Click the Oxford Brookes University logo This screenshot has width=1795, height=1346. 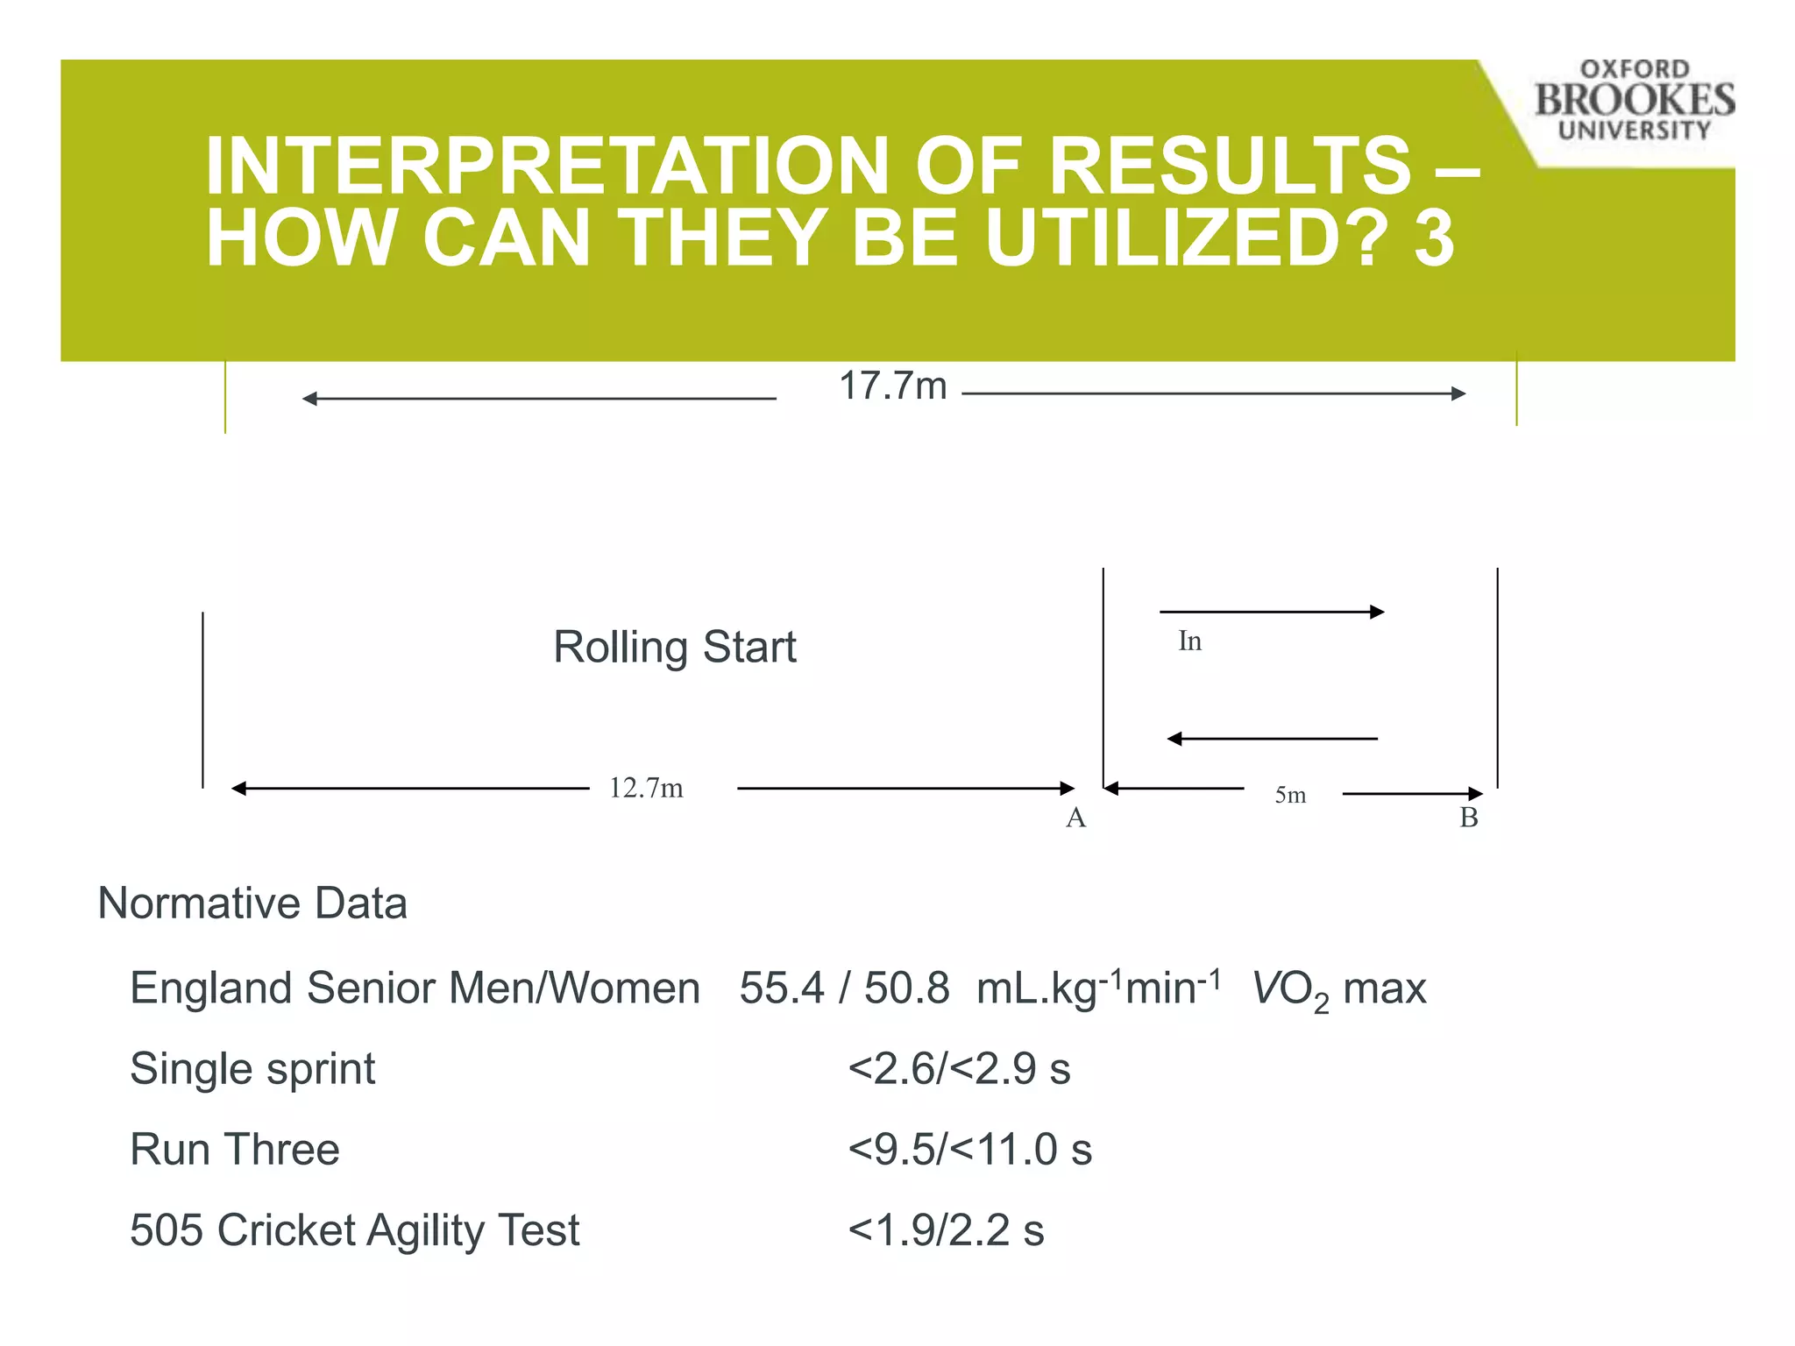pyautogui.click(x=1634, y=100)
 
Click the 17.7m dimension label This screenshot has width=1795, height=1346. pyautogui.click(x=892, y=386)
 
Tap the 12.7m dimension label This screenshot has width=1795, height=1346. pyautogui.click(x=646, y=788)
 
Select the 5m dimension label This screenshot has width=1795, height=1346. pyautogui.click(x=1290, y=795)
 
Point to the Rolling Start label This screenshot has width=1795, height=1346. pyautogui.click(x=674, y=648)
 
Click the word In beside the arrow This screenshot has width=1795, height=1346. pyautogui.click(x=1189, y=641)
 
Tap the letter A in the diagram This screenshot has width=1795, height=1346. pyautogui.click(x=1075, y=818)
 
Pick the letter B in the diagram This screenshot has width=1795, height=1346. pyautogui.click(x=1469, y=818)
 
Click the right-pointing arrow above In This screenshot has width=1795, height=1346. pyautogui.click(x=1272, y=612)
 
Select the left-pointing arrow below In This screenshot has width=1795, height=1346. pyautogui.click(x=1272, y=739)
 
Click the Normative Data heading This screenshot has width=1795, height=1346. pyautogui.click(x=252, y=903)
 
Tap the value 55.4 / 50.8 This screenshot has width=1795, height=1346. pyautogui.click(x=844, y=988)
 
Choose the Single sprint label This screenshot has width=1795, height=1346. pyautogui.click(x=252, y=1069)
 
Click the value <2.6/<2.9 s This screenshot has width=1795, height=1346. pyautogui.click(x=959, y=1069)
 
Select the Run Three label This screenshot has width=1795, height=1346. pyautogui.click(x=235, y=1150)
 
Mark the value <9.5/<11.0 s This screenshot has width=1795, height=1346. pyautogui.click(x=969, y=1150)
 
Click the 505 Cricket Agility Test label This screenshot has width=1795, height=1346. pyautogui.click(x=355, y=1230)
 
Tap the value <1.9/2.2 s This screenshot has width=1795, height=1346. pyautogui.click(x=946, y=1230)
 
